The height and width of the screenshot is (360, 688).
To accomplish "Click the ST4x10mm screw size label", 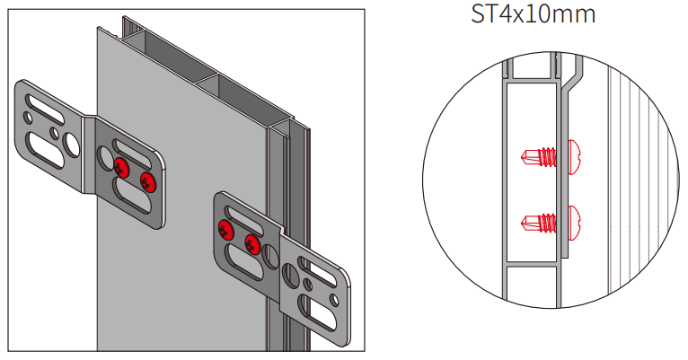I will click(x=534, y=15).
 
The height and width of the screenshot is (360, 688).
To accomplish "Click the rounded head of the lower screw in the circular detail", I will click(x=574, y=220).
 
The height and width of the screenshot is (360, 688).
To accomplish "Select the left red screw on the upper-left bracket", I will click(x=121, y=165).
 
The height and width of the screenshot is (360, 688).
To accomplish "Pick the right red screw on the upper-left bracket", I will click(x=148, y=183).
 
